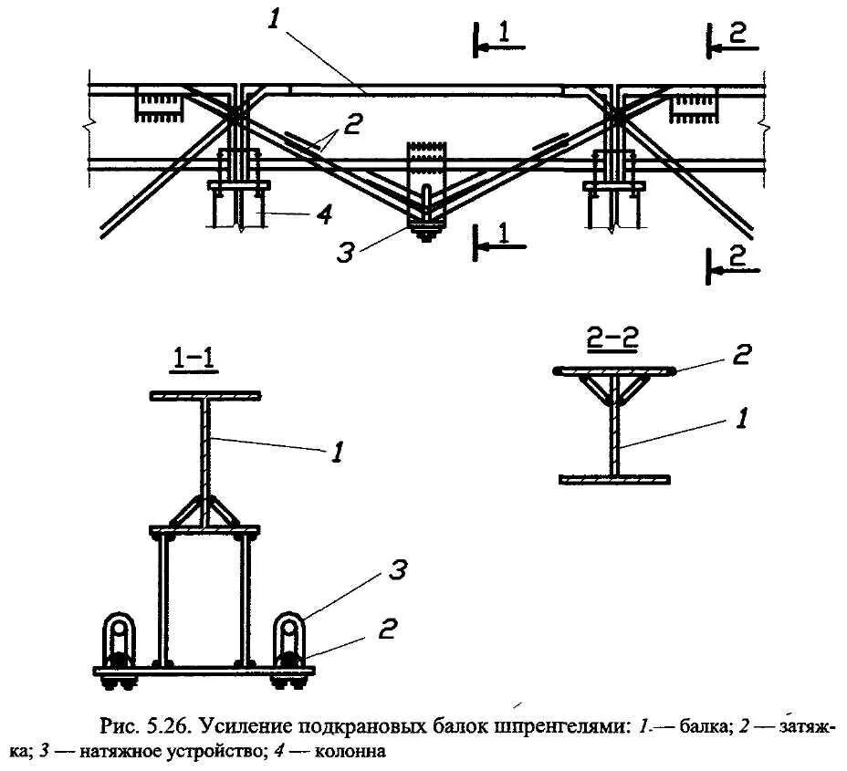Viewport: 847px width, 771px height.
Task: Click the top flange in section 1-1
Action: (x=205, y=396)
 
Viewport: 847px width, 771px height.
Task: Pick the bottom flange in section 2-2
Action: (x=615, y=478)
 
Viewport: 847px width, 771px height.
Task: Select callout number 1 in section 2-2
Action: (x=742, y=419)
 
